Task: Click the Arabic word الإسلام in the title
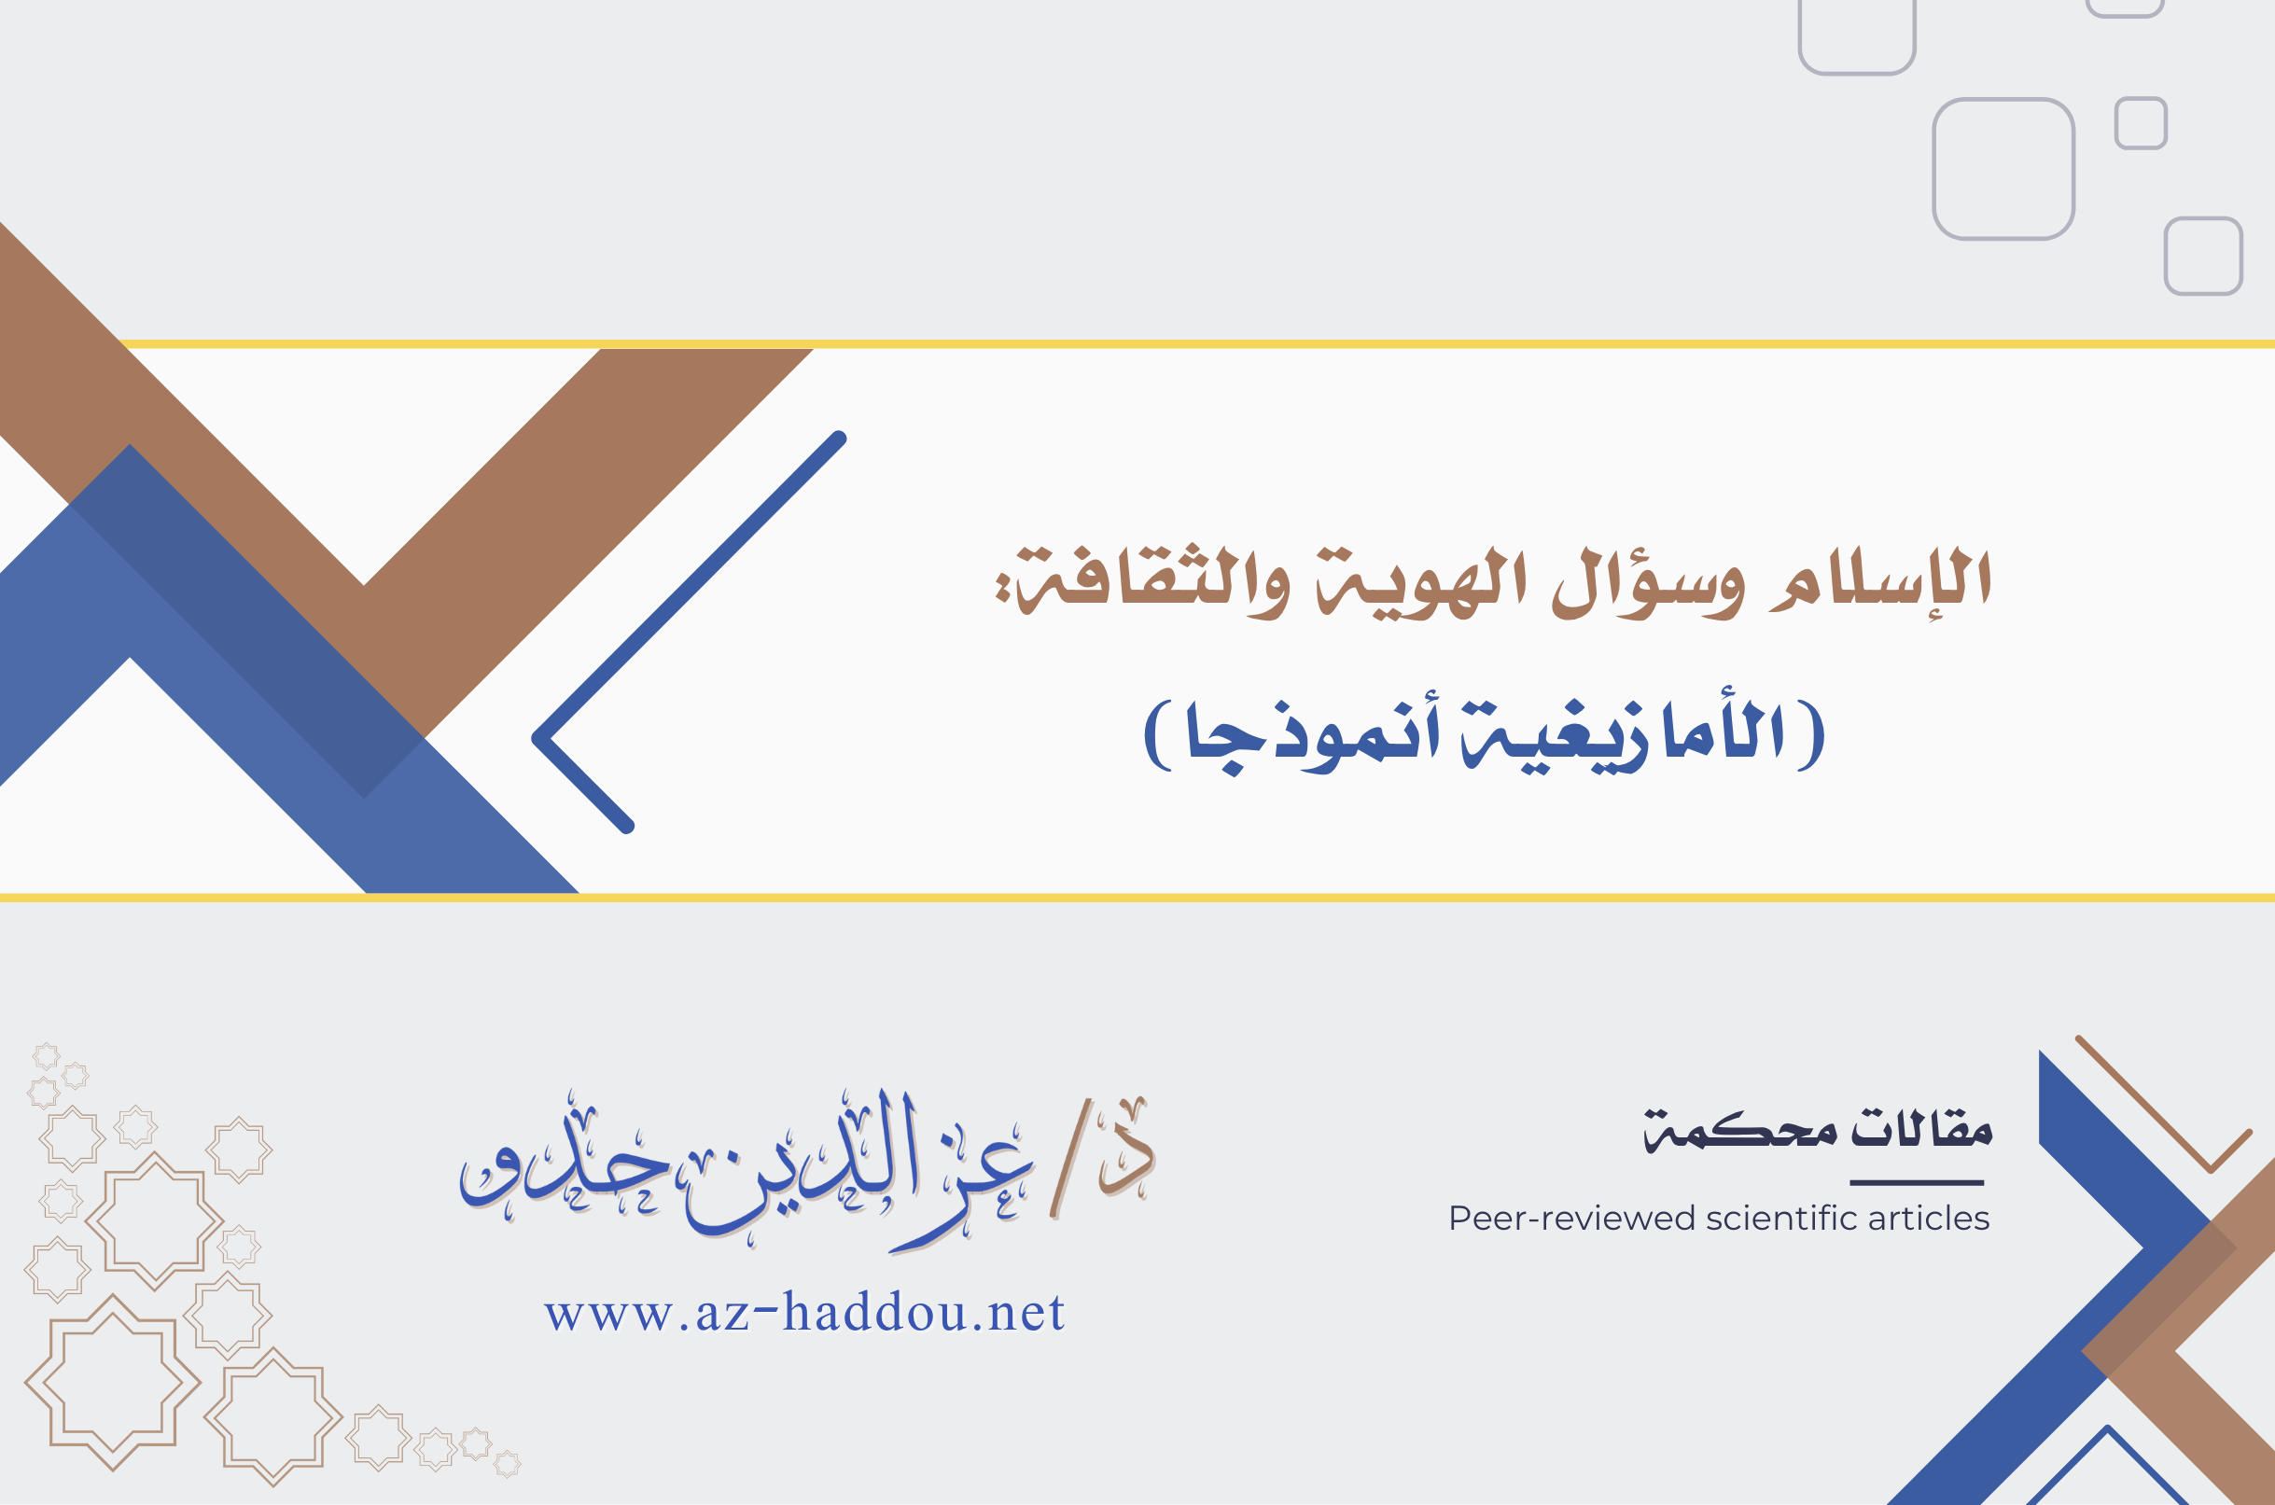coord(1880,578)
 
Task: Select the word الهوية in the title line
coord(1421,583)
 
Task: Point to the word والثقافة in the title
coord(1142,581)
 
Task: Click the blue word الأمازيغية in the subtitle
coord(1622,732)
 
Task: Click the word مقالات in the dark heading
coord(1921,1127)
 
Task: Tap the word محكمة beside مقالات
coord(1740,1131)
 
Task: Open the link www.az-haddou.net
coord(804,1312)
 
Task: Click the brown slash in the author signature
coord(1070,1159)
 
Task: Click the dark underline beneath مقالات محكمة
coord(1916,1182)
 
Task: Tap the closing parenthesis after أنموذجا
coord(1159,734)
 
